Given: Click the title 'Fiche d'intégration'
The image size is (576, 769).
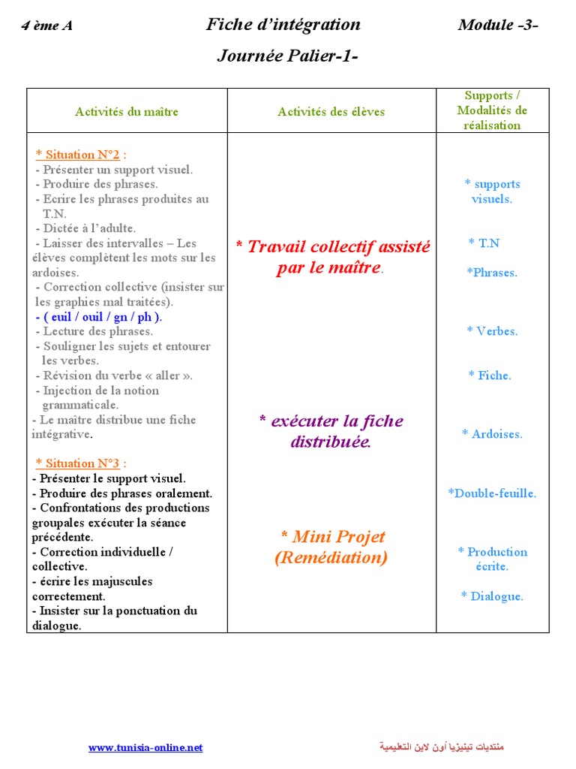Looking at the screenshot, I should coord(283,25).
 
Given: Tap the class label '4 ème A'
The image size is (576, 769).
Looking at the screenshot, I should coord(47,26).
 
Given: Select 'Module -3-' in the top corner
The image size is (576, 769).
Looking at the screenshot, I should coord(498,25).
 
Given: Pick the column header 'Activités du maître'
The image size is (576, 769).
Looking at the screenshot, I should coord(127,112).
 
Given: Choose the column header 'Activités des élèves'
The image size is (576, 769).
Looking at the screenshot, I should coord(331,112).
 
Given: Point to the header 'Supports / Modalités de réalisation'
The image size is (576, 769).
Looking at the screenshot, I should coord(492,110).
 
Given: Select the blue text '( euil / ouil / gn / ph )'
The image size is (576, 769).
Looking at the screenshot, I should coord(99,317).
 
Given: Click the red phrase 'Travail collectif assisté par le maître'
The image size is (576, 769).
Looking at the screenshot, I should coord(332,257).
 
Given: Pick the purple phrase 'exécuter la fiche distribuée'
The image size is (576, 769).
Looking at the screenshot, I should coord(331,431).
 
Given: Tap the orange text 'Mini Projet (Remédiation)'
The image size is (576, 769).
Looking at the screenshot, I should coord(331,547).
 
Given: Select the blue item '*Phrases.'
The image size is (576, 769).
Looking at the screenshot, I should coord(492,273).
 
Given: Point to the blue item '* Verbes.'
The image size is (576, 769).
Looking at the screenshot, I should coord(492,331).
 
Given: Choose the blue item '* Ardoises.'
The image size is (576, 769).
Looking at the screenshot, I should coord(492,434).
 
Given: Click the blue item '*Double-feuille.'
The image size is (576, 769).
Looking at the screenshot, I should coord(492,493).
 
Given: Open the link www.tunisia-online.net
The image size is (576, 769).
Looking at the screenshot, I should coord(145,747).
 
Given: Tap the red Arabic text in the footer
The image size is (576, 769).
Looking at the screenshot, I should coord(441,747).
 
